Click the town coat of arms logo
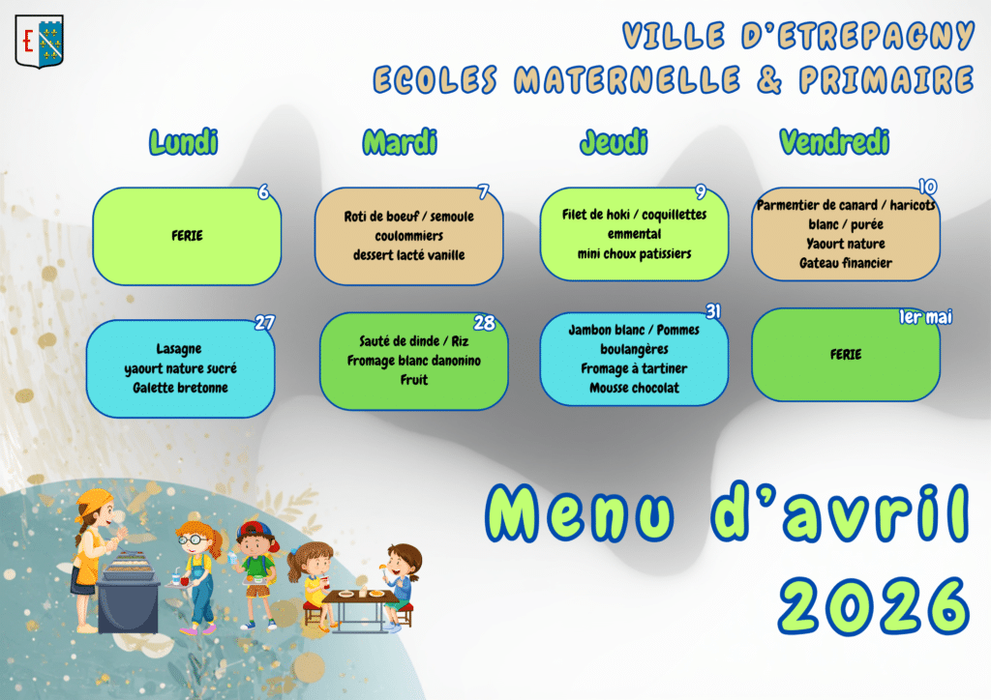point(39,42)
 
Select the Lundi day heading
point(183,142)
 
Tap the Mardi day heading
point(400,142)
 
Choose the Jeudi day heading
point(614,142)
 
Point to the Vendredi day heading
point(834,142)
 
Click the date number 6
point(263,191)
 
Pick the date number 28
point(484,323)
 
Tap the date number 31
point(713,311)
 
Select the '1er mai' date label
point(925,317)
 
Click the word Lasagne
point(179,349)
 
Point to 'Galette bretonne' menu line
point(180,388)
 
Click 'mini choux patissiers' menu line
point(634,253)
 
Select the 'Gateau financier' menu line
point(846,263)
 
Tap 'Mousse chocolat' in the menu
point(634,388)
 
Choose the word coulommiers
point(409,236)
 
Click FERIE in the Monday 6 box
point(187,236)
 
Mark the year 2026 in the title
point(874,606)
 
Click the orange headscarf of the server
point(92,502)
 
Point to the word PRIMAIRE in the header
point(886,80)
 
